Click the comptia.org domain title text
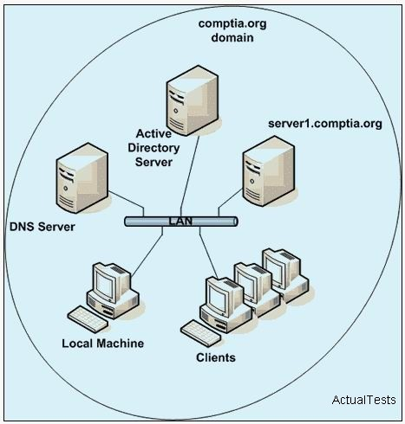(232, 30)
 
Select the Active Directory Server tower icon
(193, 100)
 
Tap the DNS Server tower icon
(82, 178)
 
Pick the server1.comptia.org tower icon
(269, 171)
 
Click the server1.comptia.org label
(325, 124)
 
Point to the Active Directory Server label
(154, 148)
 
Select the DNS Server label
(42, 227)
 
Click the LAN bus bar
(181, 222)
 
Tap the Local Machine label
(103, 344)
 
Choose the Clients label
(216, 357)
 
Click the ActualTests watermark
(364, 400)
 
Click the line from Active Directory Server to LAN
(190, 176)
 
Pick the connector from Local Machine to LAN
(147, 252)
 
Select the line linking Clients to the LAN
(208, 253)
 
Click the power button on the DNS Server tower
(66, 189)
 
